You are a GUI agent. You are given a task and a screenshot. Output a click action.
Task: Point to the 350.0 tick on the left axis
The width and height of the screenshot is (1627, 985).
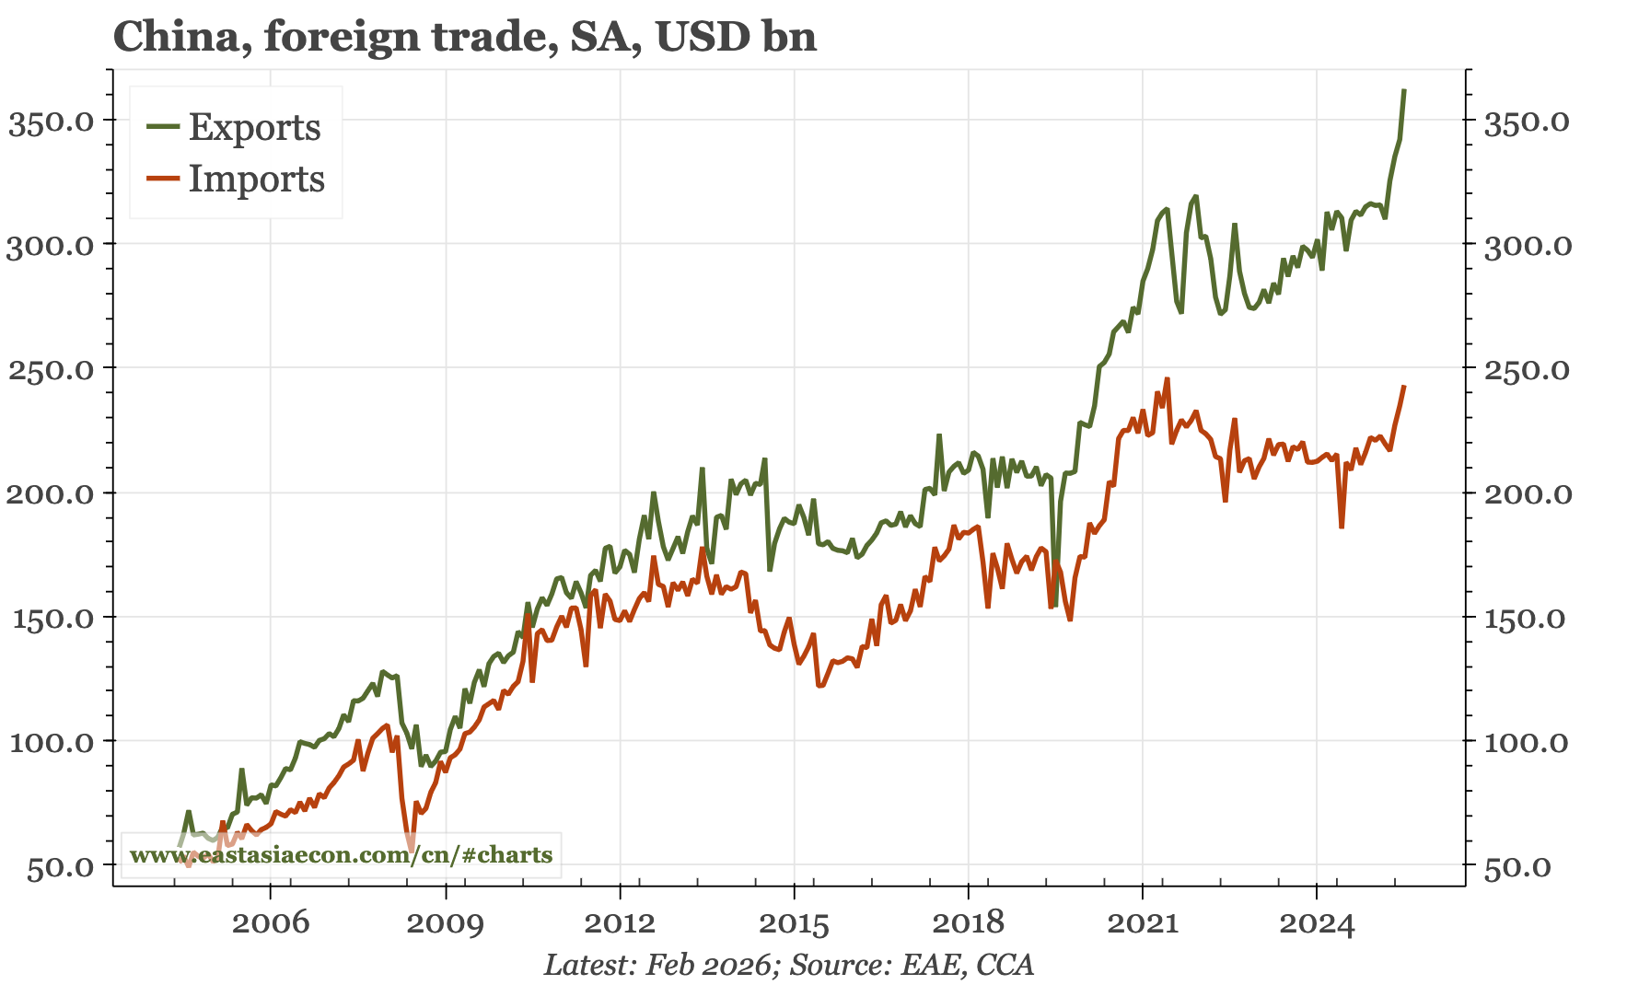[52, 121]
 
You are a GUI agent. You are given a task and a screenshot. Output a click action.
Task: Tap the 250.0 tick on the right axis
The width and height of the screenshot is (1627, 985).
[1527, 369]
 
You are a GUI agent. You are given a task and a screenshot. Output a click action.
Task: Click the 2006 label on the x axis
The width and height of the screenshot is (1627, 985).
[271, 922]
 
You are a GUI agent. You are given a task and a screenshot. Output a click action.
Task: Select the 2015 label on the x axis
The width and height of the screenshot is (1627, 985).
[794, 922]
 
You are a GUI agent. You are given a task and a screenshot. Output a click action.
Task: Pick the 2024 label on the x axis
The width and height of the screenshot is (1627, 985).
[1317, 922]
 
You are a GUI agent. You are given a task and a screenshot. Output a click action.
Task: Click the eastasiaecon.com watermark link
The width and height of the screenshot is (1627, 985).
[341, 854]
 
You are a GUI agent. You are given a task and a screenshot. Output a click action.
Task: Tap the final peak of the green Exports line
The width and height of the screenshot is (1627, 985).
[1403, 90]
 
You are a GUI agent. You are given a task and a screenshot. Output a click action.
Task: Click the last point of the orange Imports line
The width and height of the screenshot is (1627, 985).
[1403, 387]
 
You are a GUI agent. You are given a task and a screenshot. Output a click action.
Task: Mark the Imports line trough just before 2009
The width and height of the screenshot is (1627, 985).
[412, 848]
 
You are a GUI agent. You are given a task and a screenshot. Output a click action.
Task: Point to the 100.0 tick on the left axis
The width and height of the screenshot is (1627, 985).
[52, 742]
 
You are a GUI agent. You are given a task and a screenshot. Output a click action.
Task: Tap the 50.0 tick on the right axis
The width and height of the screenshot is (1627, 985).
[1517, 866]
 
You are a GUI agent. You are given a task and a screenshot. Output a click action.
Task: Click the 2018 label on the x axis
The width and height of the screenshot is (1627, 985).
[968, 922]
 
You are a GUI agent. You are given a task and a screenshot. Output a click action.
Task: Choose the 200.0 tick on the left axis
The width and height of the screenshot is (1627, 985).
[52, 493]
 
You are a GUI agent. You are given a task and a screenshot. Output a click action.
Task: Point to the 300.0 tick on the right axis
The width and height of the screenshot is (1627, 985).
[1527, 245]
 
